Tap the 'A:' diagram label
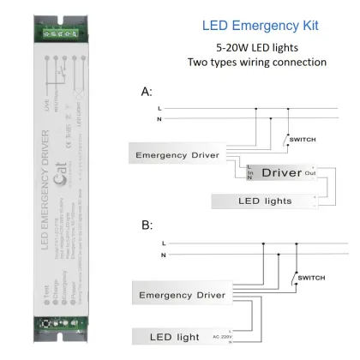[x=147, y=91]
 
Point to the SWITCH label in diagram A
[x=304, y=139]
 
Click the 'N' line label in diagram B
[x=163, y=255]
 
